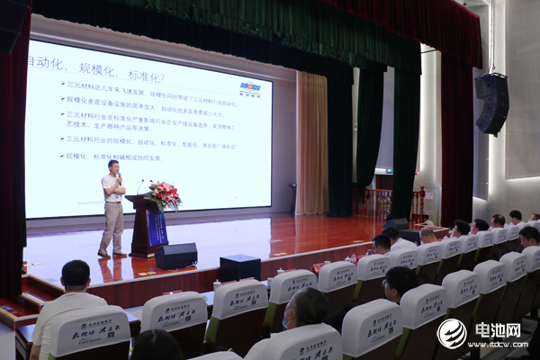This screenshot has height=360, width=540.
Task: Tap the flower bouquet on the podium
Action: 163,193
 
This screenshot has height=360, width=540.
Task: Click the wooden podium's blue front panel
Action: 157,229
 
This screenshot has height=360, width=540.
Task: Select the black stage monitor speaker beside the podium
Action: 175,256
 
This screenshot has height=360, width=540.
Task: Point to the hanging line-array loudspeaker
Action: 492,103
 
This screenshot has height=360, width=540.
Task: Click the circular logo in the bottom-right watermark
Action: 452,333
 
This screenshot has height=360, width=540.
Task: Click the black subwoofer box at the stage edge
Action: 239,267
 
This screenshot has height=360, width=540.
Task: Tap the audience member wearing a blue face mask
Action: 304,310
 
